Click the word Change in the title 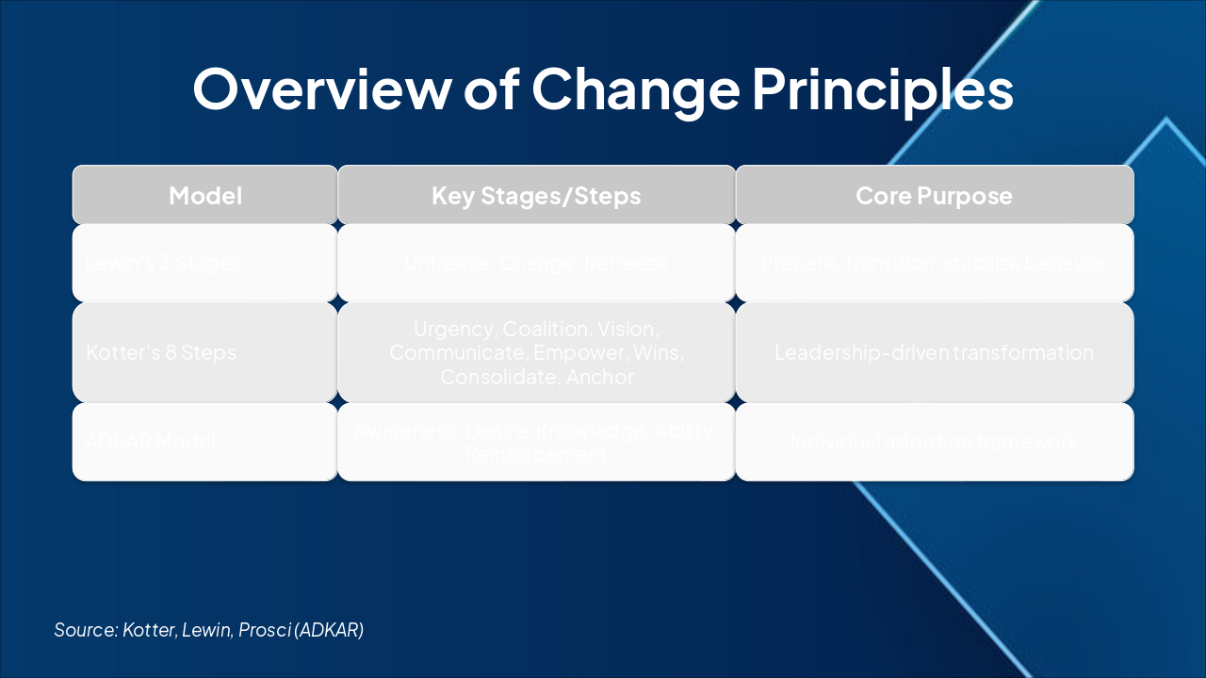pos(635,89)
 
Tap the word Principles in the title pos(882,89)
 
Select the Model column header pos(205,195)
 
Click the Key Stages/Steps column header pos(536,195)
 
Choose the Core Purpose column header pos(934,195)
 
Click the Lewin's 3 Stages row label pos(164,264)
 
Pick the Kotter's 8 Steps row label pos(161,353)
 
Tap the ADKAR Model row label pos(151,442)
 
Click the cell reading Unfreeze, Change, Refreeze pos(536,264)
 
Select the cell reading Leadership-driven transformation pos(934,353)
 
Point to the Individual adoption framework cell pos(934,442)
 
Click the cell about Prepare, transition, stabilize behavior pos(934,264)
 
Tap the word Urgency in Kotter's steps pos(454,330)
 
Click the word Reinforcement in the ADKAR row pos(536,454)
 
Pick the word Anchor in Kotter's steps pos(602,378)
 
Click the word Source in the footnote pos(85,630)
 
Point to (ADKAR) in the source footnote pos(329,630)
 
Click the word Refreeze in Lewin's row pos(626,264)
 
